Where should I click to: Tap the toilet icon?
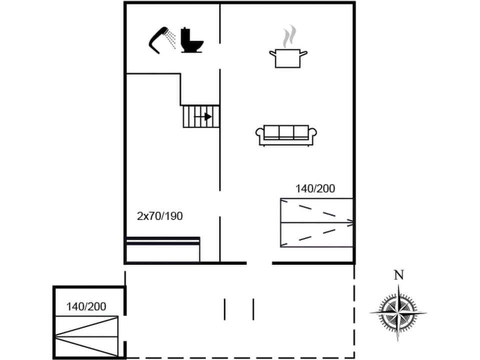[x=191, y=41]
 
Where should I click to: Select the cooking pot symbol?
[x=288, y=58]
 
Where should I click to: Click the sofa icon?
[x=286, y=135]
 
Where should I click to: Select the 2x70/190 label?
[x=160, y=216]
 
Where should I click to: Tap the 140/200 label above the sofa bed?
[x=315, y=189]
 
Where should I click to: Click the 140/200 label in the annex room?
[x=86, y=307]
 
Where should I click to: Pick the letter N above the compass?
[x=398, y=275]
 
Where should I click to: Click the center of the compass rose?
[x=398, y=313]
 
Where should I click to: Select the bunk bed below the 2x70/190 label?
[x=163, y=249]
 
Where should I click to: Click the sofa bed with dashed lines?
[x=316, y=222]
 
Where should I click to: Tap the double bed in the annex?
[x=86, y=336]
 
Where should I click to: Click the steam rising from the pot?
[x=288, y=37]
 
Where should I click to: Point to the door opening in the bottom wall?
[x=259, y=263]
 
